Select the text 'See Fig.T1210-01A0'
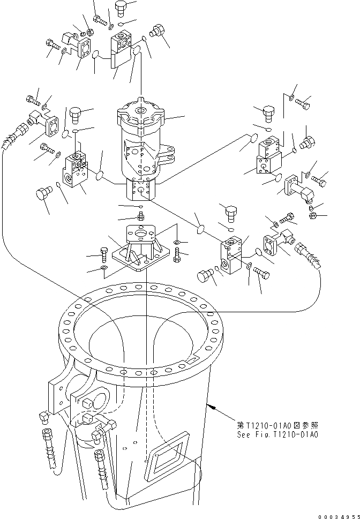278,435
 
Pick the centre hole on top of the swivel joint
141,111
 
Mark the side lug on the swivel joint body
167,155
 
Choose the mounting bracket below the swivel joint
140,249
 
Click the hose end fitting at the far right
312,255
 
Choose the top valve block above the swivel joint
122,44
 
